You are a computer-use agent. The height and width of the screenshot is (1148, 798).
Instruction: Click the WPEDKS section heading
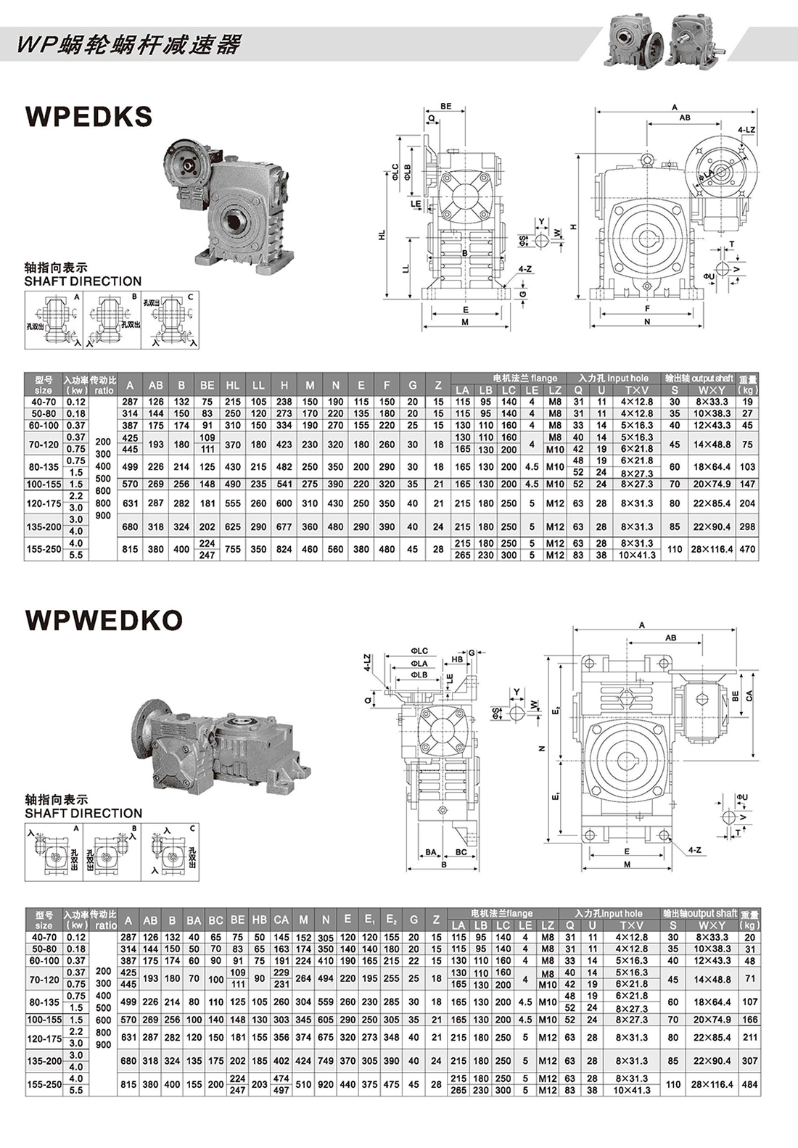coord(89,117)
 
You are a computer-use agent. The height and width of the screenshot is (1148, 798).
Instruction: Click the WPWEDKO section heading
coord(104,620)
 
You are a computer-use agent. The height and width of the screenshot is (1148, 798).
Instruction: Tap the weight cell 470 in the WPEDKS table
coord(747,549)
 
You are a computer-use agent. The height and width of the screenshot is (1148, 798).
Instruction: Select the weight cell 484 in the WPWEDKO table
coord(750,1084)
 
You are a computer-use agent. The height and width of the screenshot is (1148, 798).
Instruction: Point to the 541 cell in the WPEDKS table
coord(284,484)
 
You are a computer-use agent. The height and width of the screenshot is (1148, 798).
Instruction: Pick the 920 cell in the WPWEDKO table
coord(326,1084)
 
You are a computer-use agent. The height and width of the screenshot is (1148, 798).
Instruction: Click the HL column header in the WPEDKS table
coord(232,385)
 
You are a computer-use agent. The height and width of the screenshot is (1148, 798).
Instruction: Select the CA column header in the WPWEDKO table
coord(281,920)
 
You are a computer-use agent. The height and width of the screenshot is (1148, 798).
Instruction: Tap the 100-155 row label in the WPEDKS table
coord(44,484)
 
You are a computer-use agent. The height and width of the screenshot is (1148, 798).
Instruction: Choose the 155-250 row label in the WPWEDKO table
coord(44,1084)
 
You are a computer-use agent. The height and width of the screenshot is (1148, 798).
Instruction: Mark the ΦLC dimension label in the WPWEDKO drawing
coord(419,651)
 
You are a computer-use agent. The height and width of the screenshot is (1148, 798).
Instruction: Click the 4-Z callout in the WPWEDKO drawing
coord(694,849)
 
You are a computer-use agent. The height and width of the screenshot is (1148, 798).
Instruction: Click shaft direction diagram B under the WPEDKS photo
coord(112,319)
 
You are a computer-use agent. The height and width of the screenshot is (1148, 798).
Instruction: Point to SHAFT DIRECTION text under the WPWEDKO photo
coord(83,813)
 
